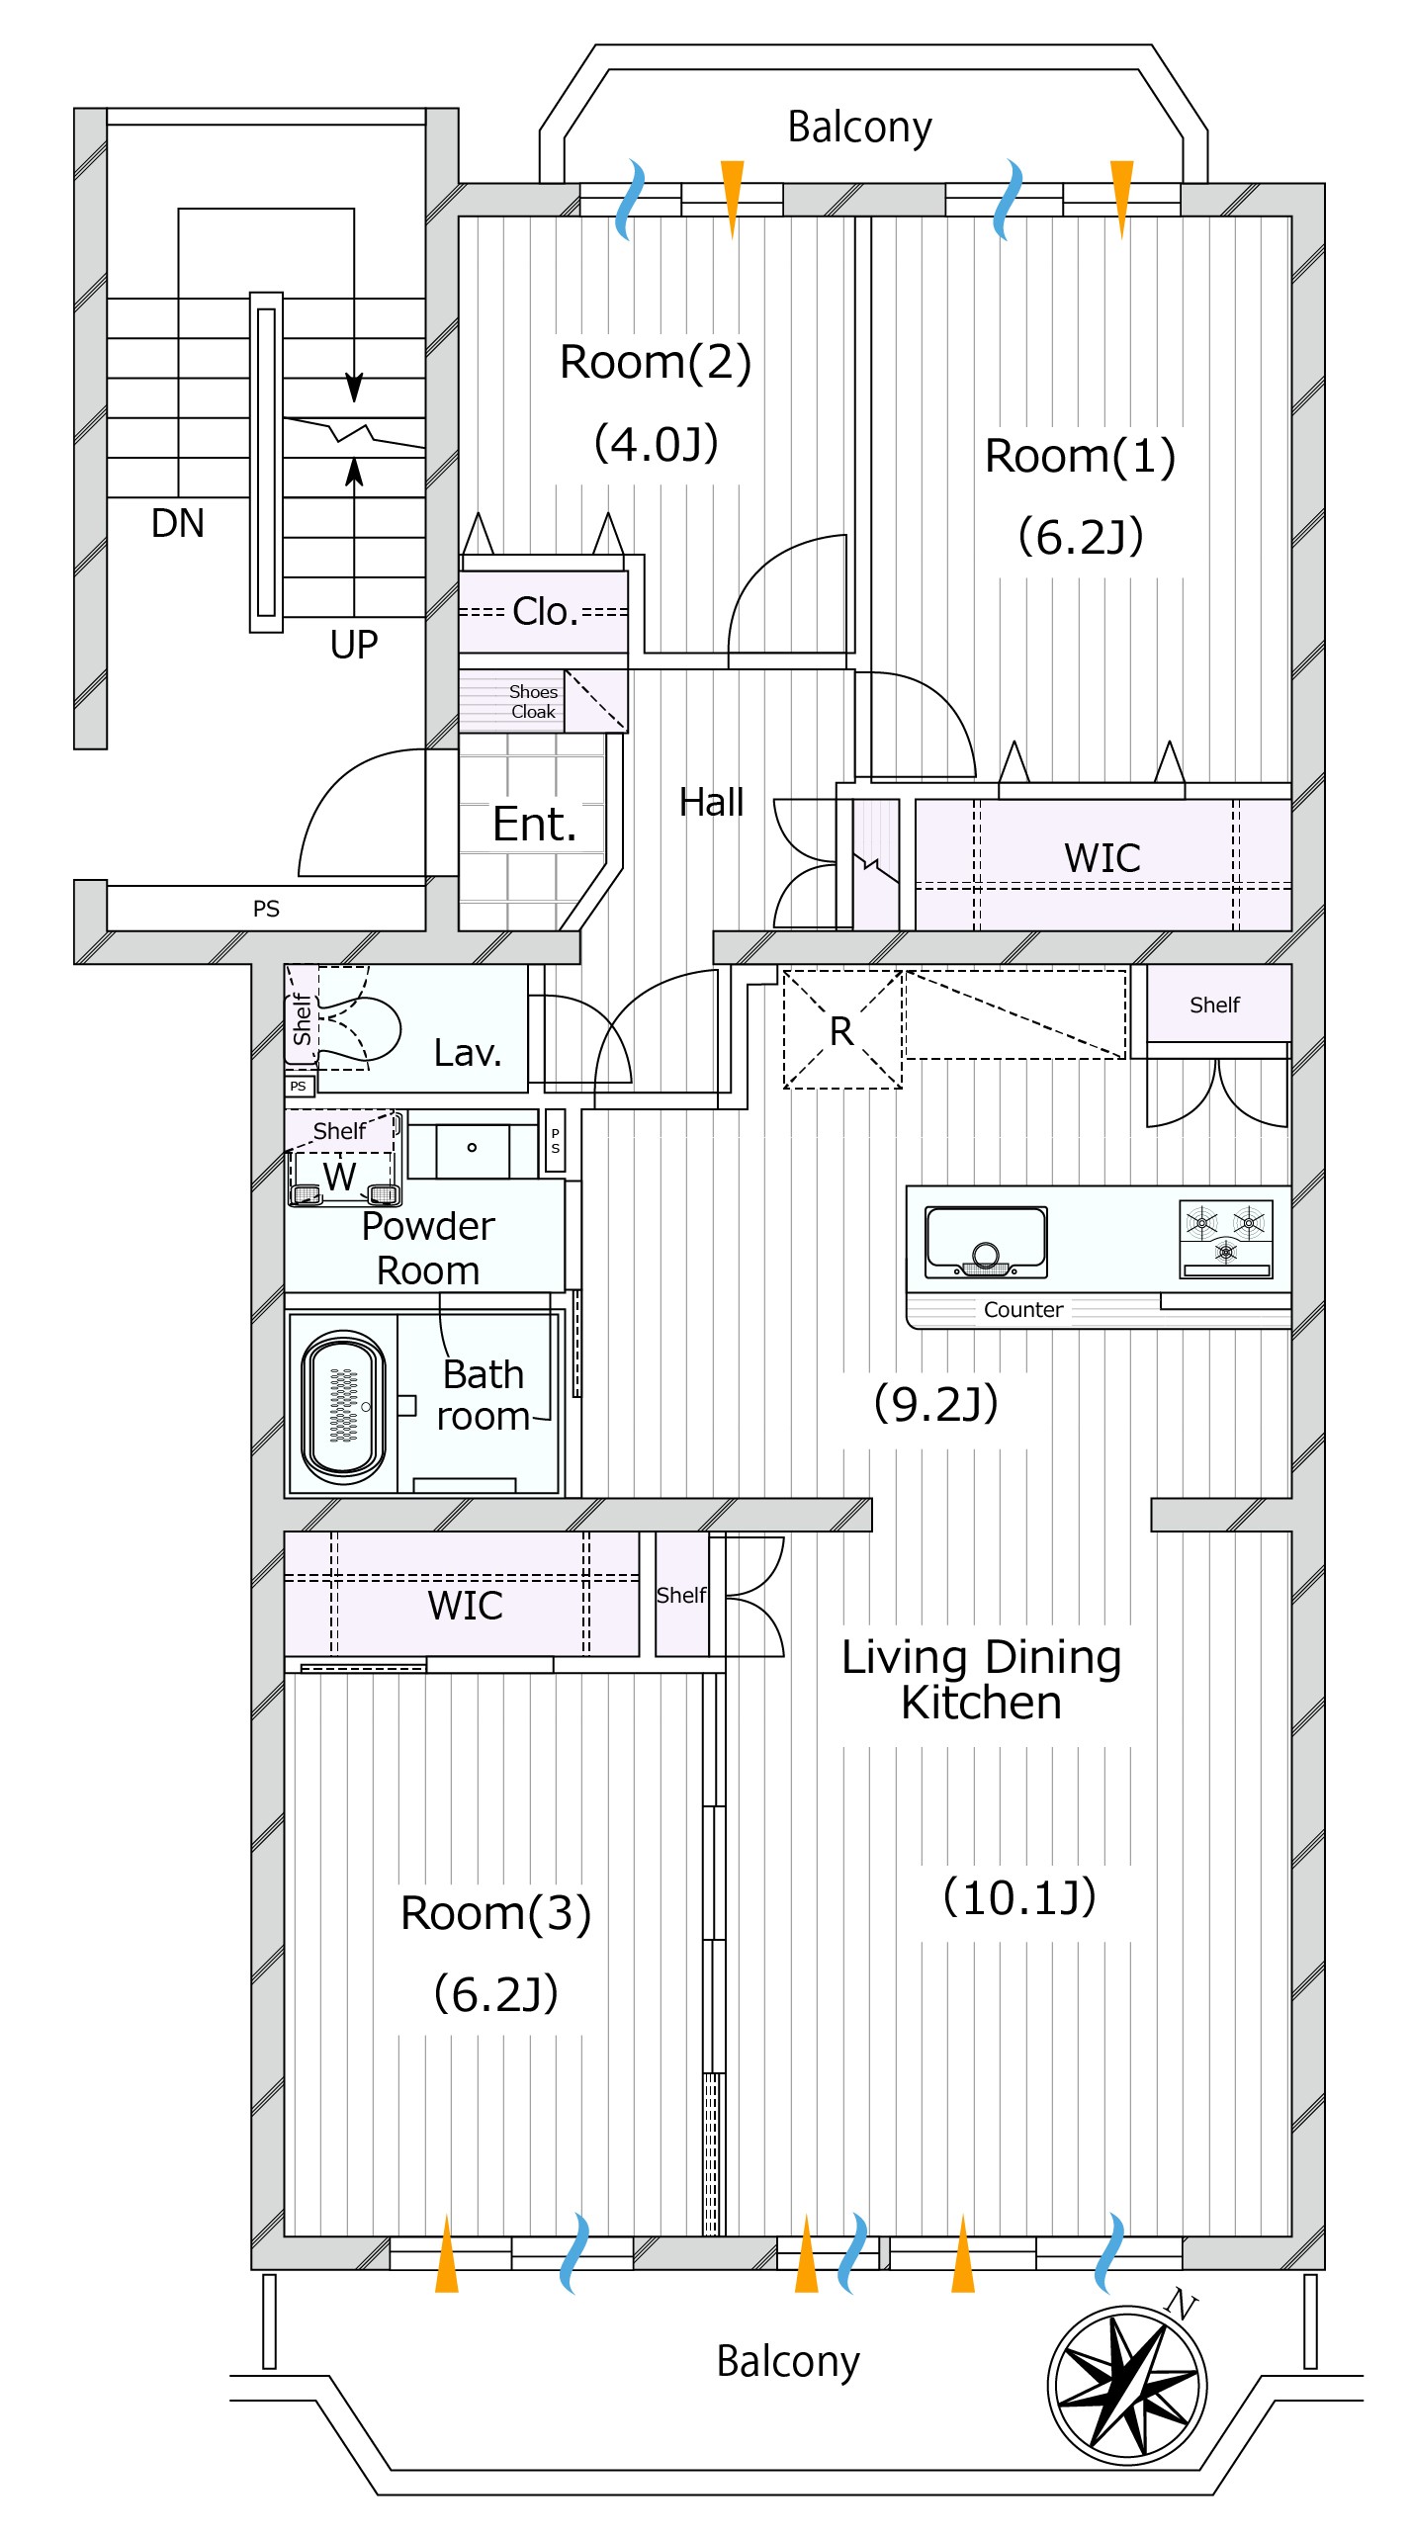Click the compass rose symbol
click(1126, 2385)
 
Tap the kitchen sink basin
click(985, 1241)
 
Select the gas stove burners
click(1225, 1237)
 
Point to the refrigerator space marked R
click(841, 1030)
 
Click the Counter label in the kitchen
click(1023, 1310)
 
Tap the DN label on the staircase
click(178, 523)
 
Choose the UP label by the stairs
click(354, 645)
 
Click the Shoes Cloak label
click(533, 701)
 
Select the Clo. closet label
click(545, 612)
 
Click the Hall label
click(711, 802)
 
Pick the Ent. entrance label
click(534, 824)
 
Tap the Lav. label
click(468, 1052)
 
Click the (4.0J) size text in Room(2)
click(656, 443)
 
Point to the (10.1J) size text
click(1019, 1896)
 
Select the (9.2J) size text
click(935, 1402)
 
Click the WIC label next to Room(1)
click(1102, 857)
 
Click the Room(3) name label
click(495, 1912)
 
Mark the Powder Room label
click(427, 1248)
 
